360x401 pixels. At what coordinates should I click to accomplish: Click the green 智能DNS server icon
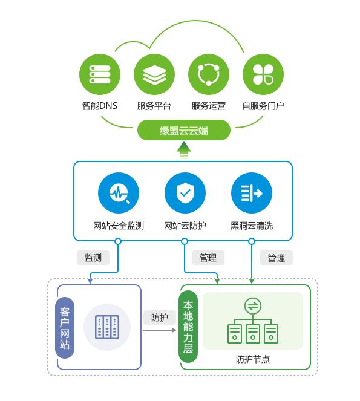click(x=100, y=74)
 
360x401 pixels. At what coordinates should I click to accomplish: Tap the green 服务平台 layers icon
click(x=154, y=74)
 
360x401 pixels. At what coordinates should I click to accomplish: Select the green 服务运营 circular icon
click(x=209, y=74)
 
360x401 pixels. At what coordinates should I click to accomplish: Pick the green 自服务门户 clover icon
click(x=263, y=74)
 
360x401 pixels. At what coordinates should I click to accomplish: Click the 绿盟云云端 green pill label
click(x=184, y=130)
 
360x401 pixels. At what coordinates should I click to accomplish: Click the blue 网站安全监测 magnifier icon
click(x=118, y=194)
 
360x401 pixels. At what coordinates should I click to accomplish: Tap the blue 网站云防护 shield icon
click(x=185, y=194)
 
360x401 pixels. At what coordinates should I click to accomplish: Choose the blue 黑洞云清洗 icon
click(x=251, y=194)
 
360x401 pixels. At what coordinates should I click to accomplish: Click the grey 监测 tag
click(x=93, y=257)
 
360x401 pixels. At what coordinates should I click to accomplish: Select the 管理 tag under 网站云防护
click(x=208, y=257)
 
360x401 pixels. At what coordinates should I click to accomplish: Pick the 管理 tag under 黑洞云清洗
click(x=276, y=258)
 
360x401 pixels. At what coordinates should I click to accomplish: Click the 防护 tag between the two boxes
click(x=160, y=318)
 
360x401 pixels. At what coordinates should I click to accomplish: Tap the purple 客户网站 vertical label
click(x=65, y=328)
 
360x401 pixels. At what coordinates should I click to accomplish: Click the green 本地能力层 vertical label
click(x=189, y=327)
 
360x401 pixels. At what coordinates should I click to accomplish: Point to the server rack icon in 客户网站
click(x=107, y=327)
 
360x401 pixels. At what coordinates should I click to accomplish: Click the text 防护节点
click(x=252, y=359)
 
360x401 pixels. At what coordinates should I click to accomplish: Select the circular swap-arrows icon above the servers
click(x=252, y=306)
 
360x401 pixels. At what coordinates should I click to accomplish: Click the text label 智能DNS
click(x=100, y=106)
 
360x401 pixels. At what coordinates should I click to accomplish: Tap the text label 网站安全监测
click(x=119, y=226)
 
